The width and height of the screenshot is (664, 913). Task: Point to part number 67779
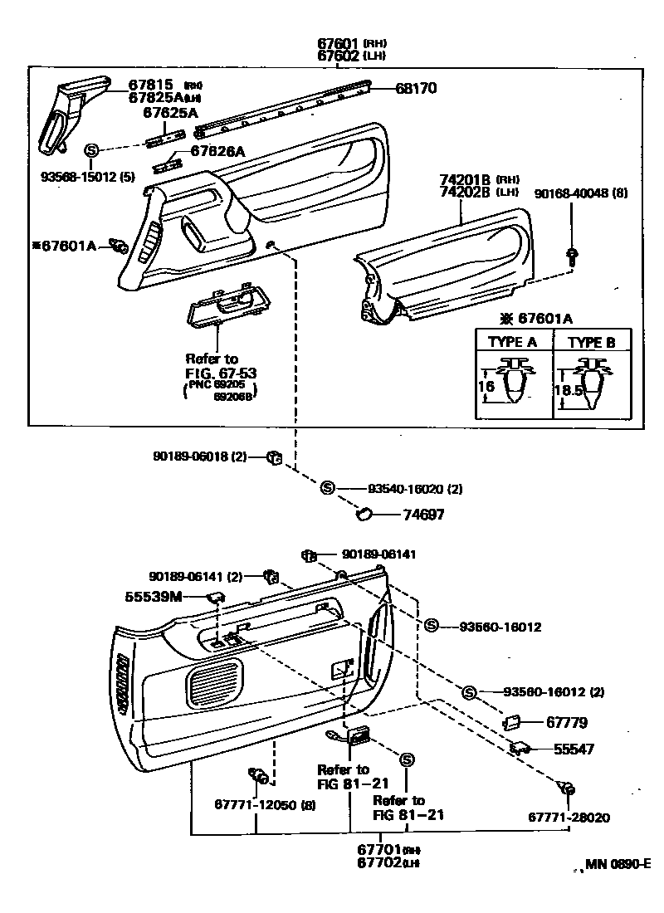[x=570, y=723]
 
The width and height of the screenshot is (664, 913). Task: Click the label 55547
[x=574, y=749]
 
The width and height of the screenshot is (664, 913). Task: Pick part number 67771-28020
[x=569, y=818]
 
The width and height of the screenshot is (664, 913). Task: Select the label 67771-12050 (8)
[x=265, y=804]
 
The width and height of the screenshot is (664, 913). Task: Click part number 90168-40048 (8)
[x=581, y=193]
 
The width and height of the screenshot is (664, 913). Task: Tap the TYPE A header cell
[x=511, y=341]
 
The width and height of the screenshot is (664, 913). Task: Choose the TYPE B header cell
[x=591, y=341]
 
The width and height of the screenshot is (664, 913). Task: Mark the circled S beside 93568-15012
[x=92, y=149]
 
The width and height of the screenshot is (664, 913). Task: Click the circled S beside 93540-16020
[x=327, y=488]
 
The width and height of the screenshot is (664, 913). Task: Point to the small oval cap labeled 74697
[x=364, y=515]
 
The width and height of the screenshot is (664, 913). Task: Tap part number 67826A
[x=218, y=151]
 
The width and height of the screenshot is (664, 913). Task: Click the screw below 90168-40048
[x=572, y=255]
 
